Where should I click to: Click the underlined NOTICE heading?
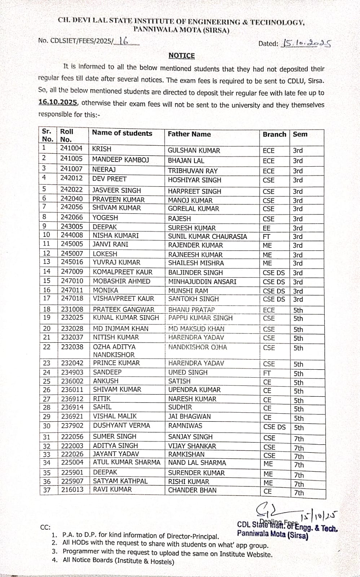pos(181,56)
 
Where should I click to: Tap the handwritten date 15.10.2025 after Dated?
pos(305,44)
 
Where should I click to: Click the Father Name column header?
pos(189,134)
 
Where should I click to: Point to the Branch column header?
pos(274,134)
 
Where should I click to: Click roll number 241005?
pos(71,158)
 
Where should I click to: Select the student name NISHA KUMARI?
pos(116,235)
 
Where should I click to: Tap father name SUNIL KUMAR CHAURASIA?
pos(207,237)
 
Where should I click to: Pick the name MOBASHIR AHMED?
pos(122,281)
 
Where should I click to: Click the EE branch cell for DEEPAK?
pos(267,228)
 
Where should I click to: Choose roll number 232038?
pos(72,347)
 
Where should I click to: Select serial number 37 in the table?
pos(47,490)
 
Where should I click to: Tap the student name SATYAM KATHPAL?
pos(120,481)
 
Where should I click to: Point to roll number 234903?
pos(72,372)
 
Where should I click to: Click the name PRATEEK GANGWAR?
pos(124,309)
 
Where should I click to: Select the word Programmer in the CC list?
pos(80,551)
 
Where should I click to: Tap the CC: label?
pos(45,527)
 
